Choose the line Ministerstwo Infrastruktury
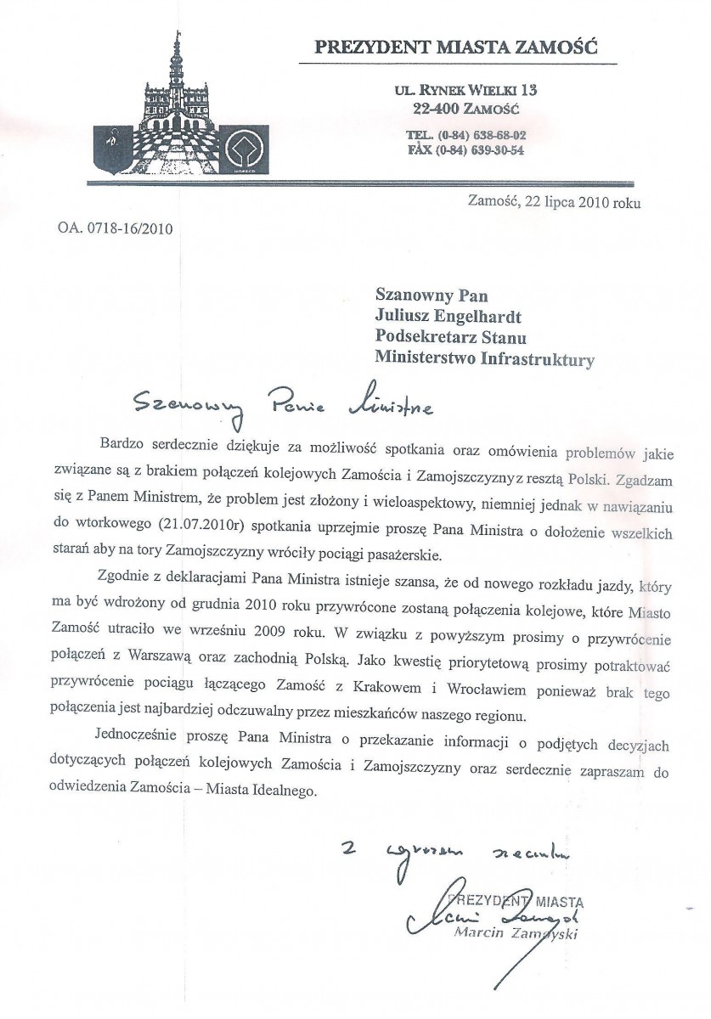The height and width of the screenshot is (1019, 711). (484, 359)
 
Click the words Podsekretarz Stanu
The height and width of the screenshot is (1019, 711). (452, 338)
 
